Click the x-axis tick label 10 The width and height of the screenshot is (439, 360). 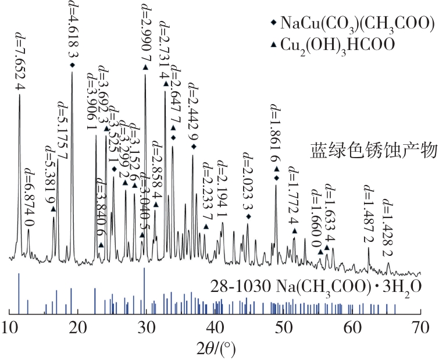pos(9,328)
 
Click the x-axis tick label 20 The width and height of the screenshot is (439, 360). pos(78,328)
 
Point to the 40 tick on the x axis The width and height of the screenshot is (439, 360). pos(215,328)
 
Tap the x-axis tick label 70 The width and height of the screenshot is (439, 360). pos(421,328)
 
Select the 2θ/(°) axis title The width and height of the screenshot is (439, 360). pos(216,349)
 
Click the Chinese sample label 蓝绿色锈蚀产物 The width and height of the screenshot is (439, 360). pos(373,151)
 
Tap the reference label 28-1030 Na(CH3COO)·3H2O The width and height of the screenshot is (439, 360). pos(316,288)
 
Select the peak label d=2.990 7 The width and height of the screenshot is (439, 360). pos(145,31)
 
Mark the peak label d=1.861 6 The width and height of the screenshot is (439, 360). pos(276,133)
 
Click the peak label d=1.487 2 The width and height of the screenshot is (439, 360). pos(368,214)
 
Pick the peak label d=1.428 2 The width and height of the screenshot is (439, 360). pos(387,228)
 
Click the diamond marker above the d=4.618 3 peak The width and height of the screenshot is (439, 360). pos(73,65)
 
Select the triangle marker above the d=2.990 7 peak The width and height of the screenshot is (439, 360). pos(145,67)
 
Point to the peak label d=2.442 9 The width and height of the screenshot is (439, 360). pos(192,112)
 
